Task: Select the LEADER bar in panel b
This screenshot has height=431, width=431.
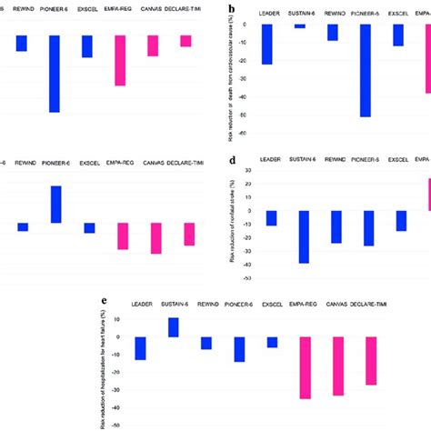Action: tap(267, 44)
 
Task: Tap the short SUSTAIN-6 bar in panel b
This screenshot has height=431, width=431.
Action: tap(300, 26)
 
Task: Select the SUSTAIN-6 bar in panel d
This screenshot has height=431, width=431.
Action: tap(304, 236)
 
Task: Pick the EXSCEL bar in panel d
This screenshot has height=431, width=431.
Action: tap(401, 220)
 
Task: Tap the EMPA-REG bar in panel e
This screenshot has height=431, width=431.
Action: tap(306, 367)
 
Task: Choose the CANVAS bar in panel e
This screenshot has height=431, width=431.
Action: tap(338, 366)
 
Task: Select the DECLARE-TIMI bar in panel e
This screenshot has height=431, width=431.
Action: tap(371, 360)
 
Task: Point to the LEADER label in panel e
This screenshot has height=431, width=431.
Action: tap(142, 305)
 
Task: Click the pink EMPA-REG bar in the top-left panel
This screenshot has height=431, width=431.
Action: tap(120, 60)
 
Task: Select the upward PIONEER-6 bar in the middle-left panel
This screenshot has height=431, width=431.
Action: tap(56, 205)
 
